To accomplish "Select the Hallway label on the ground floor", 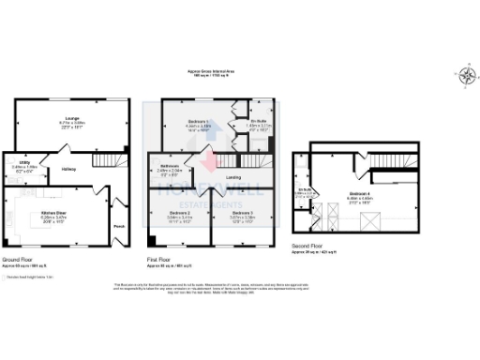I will click(67, 169).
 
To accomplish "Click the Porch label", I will click(118, 226).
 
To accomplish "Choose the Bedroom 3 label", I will click(242, 214).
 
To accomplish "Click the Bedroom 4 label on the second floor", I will click(360, 194).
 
